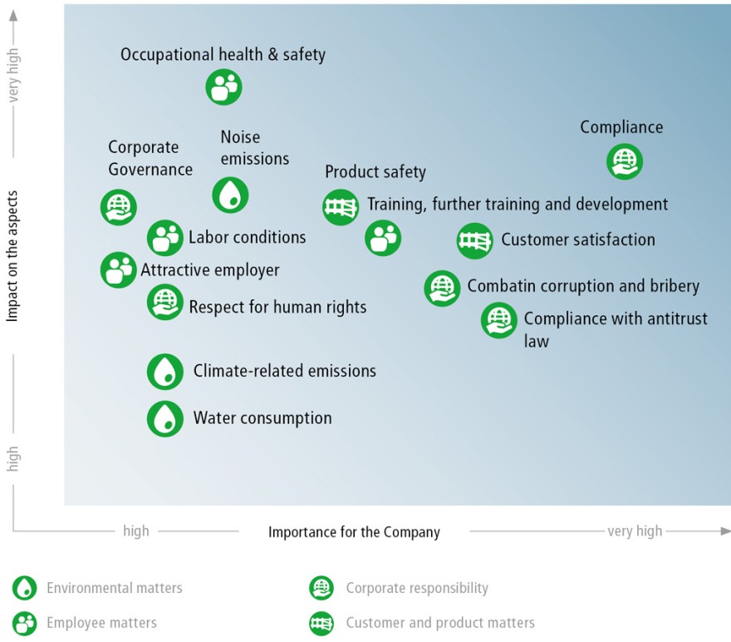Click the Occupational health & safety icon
pyautogui.click(x=223, y=87)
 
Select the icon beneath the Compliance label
pyautogui.click(x=625, y=161)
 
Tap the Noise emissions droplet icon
pyautogui.click(x=230, y=195)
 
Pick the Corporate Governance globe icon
pyautogui.click(x=119, y=207)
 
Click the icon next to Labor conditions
pyautogui.click(x=165, y=238)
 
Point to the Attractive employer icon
pyautogui.click(x=119, y=270)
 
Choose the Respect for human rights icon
pyautogui.click(x=165, y=303)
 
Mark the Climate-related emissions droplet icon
pyautogui.click(x=165, y=372)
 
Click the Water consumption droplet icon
pyautogui.click(x=165, y=418)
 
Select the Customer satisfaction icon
pyautogui.click(x=474, y=241)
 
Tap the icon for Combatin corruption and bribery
pyautogui.click(x=442, y=289)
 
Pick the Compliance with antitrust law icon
pyautogui.click(x=499, y=320)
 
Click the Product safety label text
pyautogui.click(x=375, y=172)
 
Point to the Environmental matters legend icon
pyautogui.click(x=24, y=588)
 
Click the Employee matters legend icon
pyautogui.click(x=24, y=624)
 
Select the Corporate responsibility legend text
pyautogui.click(x=417, y=588)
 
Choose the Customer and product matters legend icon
pyautogui.click(x=321, y=624)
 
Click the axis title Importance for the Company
pyautogui.click(x=354, y=532)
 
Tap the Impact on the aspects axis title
pyautogui.click(x=12, y=255)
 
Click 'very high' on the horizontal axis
pyautogui.click(x=635, y=531)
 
